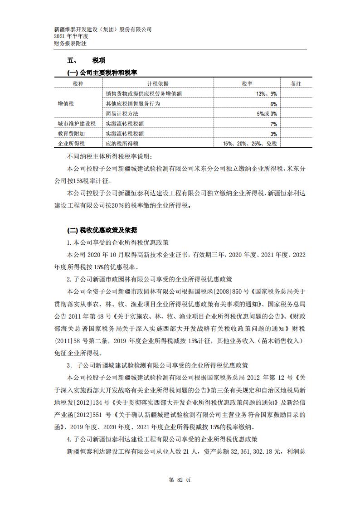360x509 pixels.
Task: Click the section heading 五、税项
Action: (x=86, y=60)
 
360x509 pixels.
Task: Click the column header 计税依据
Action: (x=158, y=84)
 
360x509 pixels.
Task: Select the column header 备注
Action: (x=296, y=84)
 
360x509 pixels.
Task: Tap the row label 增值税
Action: (x=66, y=104)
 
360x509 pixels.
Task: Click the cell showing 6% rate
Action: (x=273, y=104)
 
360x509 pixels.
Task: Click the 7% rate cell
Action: (x=273, y=124)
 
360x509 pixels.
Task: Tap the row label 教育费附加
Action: (x=71, y=134)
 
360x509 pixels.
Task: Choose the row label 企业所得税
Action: (x=71, y=144)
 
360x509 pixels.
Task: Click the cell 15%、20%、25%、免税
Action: (x=250, y=144)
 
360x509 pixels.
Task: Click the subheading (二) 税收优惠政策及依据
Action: (x=102, y=229)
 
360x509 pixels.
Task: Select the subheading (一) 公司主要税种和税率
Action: (x=102, y=73)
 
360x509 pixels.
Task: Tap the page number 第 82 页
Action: (x=180, y=480)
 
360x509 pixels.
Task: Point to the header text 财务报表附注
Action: (x=70, y=44)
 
